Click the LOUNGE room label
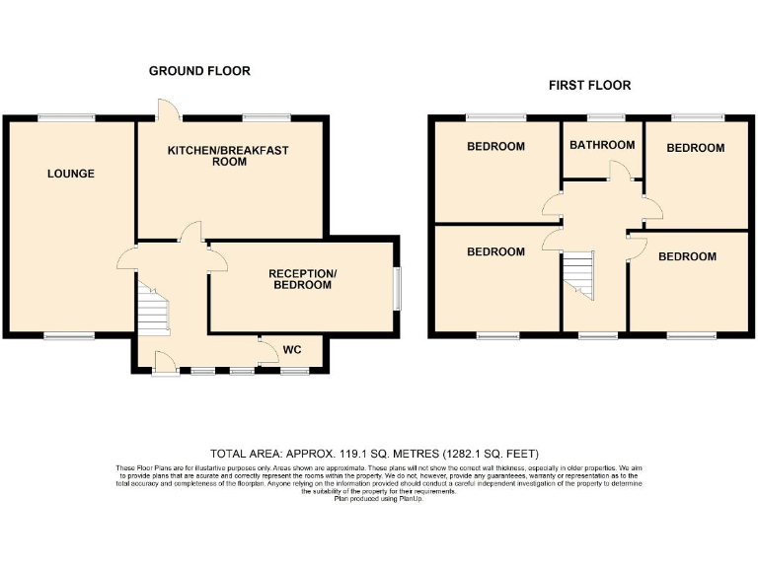(x=71, y=175)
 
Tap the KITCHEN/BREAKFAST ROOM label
(x=227, y=156)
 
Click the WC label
(x=292, y=350)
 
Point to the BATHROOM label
(x=602, y=145)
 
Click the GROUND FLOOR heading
(x=199, y=71)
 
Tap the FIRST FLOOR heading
(x=590, y=86)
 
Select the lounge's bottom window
(x=69, y=337)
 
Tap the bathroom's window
(x=601, y=118)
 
